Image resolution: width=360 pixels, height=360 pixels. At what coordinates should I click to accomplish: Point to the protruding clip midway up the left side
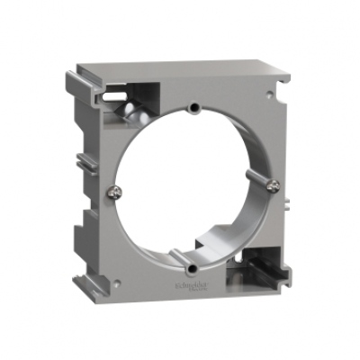[84, 163]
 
